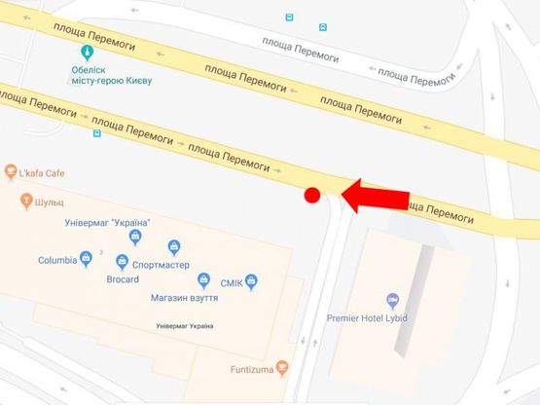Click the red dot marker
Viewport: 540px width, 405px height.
click(x=312, y=195)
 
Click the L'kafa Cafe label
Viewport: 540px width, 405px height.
click(x=41, y=173)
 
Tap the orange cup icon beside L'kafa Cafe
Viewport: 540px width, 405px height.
click(x=10, y=173)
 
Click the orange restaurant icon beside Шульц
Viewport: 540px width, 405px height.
click(x=26, y=202)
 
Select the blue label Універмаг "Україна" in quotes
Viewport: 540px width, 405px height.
click(x=106, y=223)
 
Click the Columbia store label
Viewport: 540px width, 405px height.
click(x=57, y=260)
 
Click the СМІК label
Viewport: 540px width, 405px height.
click(x=230, y=282)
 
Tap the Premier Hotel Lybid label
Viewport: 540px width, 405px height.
click(x=393, y=318)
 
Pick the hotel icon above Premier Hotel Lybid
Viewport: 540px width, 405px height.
click(x=393, y=299)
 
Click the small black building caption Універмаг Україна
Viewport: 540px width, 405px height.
click(x=184, y=325)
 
